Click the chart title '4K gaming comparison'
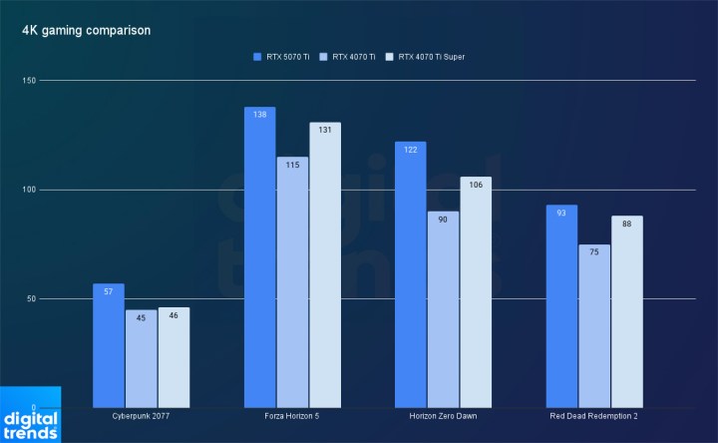87,31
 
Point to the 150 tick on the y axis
30,81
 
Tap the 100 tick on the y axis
30,190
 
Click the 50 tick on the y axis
31,299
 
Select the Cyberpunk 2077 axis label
141,417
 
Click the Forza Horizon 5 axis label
292,417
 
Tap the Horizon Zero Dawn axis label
443,417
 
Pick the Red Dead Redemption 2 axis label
594,417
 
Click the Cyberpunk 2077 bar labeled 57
109,346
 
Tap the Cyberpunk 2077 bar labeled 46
174,358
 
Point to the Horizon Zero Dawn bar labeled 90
443,310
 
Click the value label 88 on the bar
626,223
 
